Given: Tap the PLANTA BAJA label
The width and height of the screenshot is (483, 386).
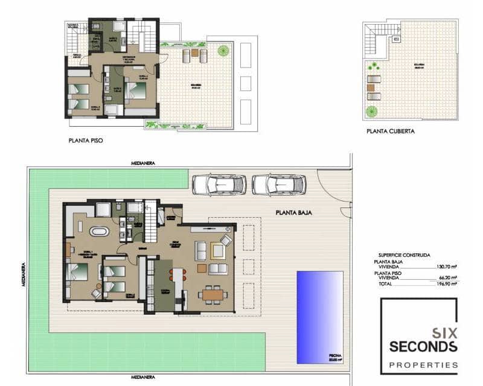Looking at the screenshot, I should tap(293, 212).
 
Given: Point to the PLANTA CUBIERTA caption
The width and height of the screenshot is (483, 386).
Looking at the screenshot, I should tap(390, 130).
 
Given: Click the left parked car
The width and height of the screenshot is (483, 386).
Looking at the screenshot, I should tap(218, 184).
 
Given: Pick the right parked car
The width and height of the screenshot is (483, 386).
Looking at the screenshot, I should tap(279, 184).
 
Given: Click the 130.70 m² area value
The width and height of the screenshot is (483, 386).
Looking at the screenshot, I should tap(445, 266).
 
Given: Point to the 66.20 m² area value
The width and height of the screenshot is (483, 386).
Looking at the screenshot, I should tap(446, 277).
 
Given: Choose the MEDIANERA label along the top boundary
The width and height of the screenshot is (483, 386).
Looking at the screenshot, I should tap(143, 163).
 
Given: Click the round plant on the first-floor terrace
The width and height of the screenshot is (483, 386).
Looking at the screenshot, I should tap(223, 51).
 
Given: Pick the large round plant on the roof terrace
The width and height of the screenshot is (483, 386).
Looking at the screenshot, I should tap(371, 111).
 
